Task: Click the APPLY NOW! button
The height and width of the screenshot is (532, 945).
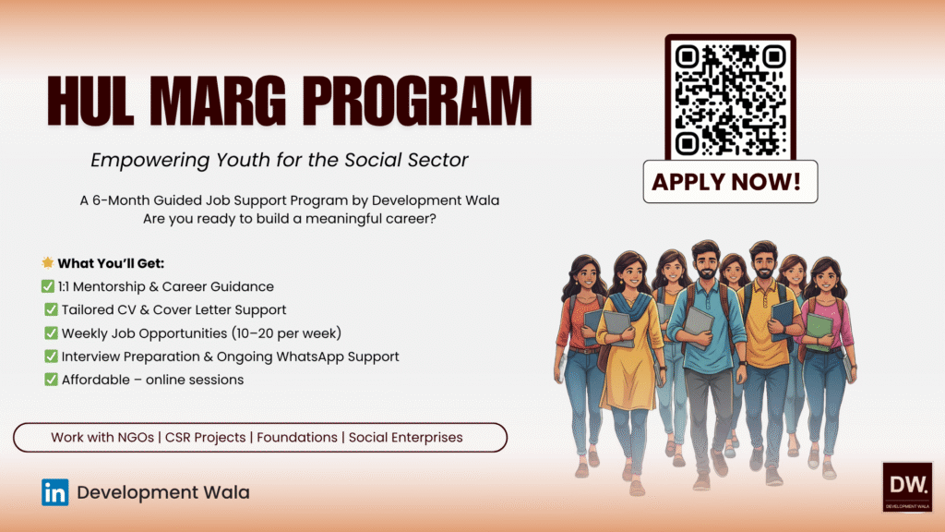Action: pyautogui.click(x=730, y=181)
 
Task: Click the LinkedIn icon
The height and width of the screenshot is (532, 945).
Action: pyautogui.click(x=54, y=492)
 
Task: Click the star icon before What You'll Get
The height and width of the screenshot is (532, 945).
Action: pyautogui.click(x=48, y=262)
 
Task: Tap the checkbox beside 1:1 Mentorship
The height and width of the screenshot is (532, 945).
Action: pyautogui.click(x=48, y=286)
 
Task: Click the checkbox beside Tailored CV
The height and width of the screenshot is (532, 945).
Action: pyautogui.click(x=51, y=309)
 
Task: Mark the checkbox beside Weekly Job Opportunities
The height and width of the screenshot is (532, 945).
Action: pyautogui.click(x=51, y=332)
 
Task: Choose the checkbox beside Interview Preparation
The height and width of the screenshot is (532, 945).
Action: pyautogui.click(x=51, y=356)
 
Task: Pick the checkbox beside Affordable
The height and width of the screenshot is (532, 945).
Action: pyautogui.click(x=51, y=379)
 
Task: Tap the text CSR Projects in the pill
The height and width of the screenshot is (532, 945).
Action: pyautogui.click(x=208, y=437)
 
